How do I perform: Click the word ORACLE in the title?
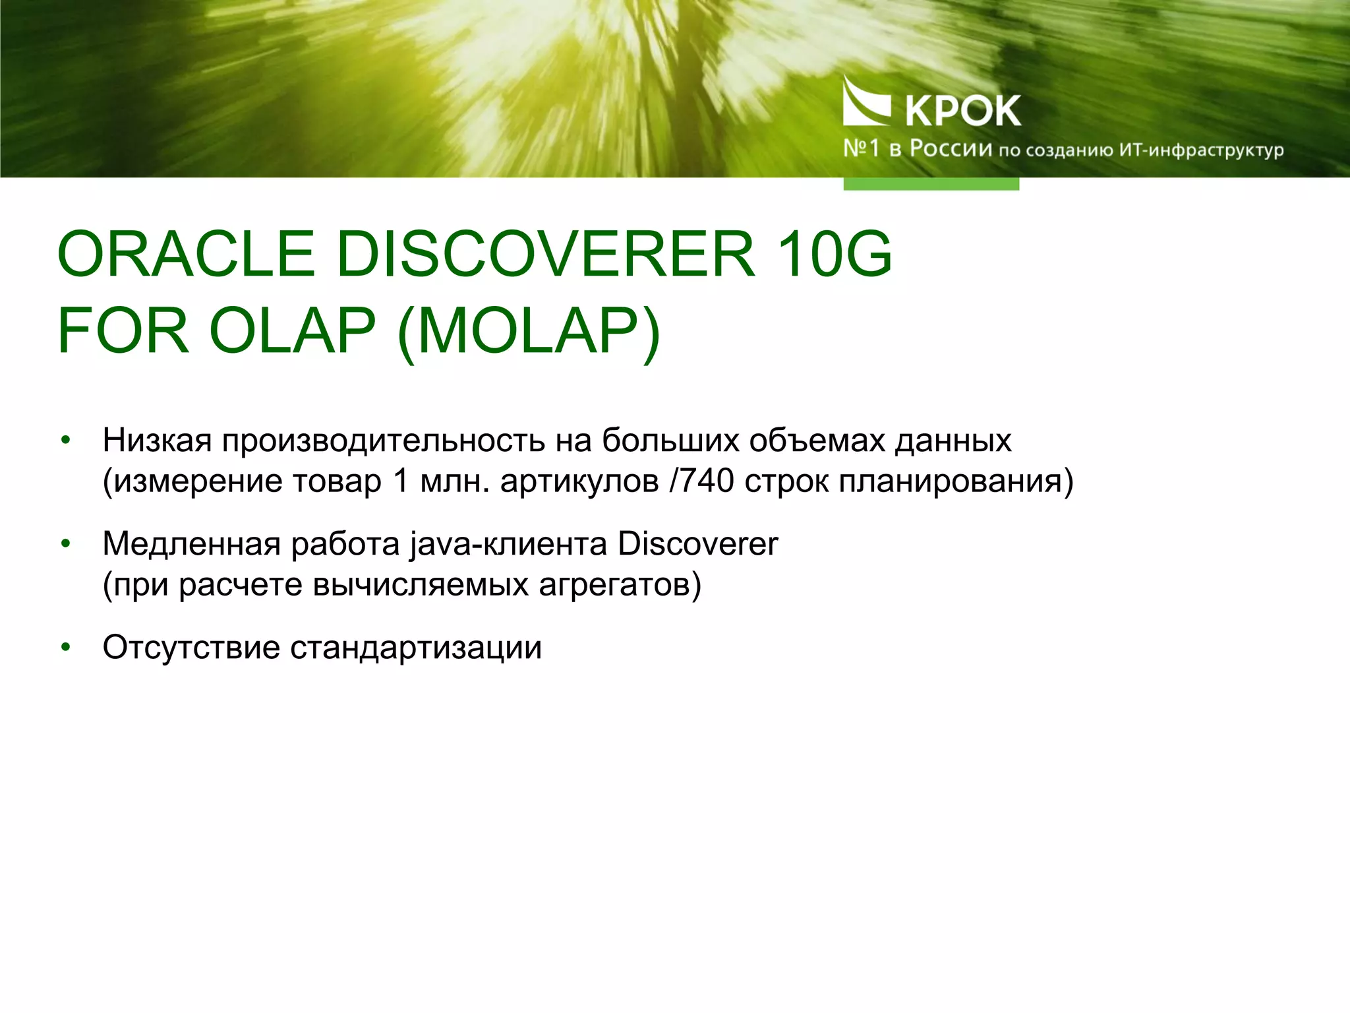pyautogui.click(x=186, y=254)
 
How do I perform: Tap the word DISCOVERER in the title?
pyautogui.click(x=546, y=254)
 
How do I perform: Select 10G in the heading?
pyautogui.click(x=834, y=254)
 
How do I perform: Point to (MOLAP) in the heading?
pyautogui.click(x=529, y=331)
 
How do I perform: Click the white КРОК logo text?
pyautogui.click(x=963, y=111)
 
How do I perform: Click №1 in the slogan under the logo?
pyautogui.click(x=861, y=148)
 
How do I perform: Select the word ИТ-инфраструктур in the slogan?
pyautogui.click(x=1201, y=150)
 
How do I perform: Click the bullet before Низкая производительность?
pyautogui.click(x=65, y=441)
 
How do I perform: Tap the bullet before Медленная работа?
pyautogui.click(x=65, y=544)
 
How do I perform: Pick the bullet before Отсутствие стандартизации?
pyautogui.click(x=65, y=648)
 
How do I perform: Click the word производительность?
pyautogui.click(x=383, y=441)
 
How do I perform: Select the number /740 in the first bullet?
pyautogui.click(x=701, y=481)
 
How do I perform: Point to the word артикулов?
pyautogui.click(x=579, y=481)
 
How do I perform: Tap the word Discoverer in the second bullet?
pyautogui.click(x=698, y=544)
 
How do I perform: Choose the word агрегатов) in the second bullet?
pyautogui.click(x=620, y=584)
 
